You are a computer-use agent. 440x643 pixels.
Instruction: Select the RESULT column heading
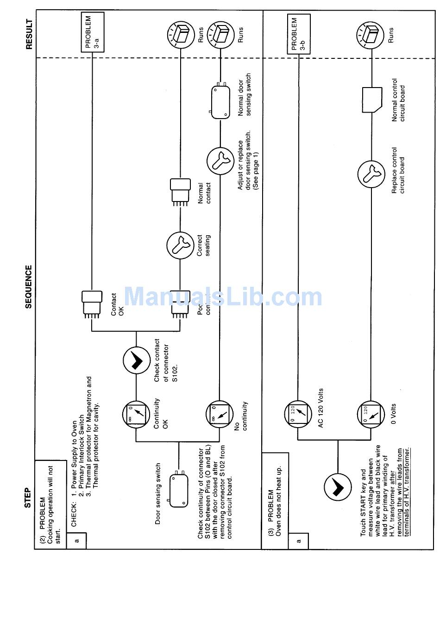(29, 34)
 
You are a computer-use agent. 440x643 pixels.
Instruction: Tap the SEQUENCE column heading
(29, 286)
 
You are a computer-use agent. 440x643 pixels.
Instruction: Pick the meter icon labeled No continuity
(219, 414)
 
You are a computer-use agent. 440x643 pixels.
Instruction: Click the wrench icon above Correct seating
(180, 246)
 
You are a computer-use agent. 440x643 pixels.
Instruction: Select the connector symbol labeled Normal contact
(180, 190)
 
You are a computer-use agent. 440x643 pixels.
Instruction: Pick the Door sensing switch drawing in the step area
(179, 488)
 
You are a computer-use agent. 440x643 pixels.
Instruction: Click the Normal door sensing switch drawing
(220, 101)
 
